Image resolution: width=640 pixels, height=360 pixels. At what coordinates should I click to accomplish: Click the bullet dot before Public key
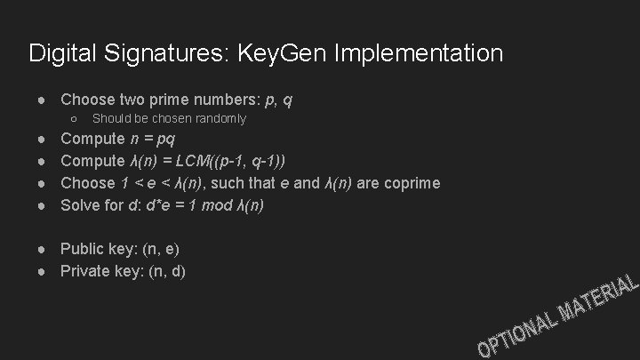click(x=44, y=250)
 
